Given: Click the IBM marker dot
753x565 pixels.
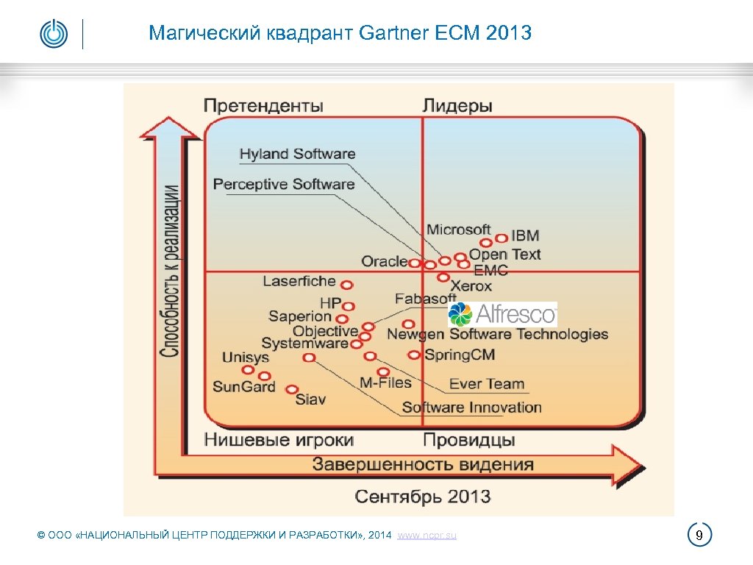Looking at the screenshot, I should (x=501, y=238).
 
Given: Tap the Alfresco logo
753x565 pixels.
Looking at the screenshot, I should (x=503, y=315).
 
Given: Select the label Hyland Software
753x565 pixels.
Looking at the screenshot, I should (x=297, y=154).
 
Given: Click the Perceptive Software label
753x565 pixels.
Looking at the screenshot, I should (x=284, y=184).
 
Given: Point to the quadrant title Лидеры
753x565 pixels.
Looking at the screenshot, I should (x=457, y=106).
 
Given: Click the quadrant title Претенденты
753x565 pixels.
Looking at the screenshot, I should (x=263, y=106).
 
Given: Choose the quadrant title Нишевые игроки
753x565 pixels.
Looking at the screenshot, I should (x=279, y=440).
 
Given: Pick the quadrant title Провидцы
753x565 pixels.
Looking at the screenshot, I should (x=469, y=440).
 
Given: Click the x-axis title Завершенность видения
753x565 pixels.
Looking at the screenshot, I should (x=423, y=464).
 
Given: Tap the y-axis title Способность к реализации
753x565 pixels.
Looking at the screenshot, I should (x=170, y=270).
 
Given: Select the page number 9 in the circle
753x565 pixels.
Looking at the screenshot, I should (x=700, y=535).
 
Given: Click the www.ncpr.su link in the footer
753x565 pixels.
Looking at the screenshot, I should (x=427, y=536).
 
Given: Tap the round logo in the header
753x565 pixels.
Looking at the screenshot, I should (x=54, y=34).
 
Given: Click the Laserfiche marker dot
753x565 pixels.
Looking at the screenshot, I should (x=346, y=285).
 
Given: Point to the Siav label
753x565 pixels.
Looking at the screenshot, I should (x=310, y=399).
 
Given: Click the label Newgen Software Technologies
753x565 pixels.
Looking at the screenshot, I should (x=498, y=335).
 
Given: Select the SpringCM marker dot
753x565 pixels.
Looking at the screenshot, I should (x=415, y=355).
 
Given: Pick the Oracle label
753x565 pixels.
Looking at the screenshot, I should (x=384, y=261).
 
